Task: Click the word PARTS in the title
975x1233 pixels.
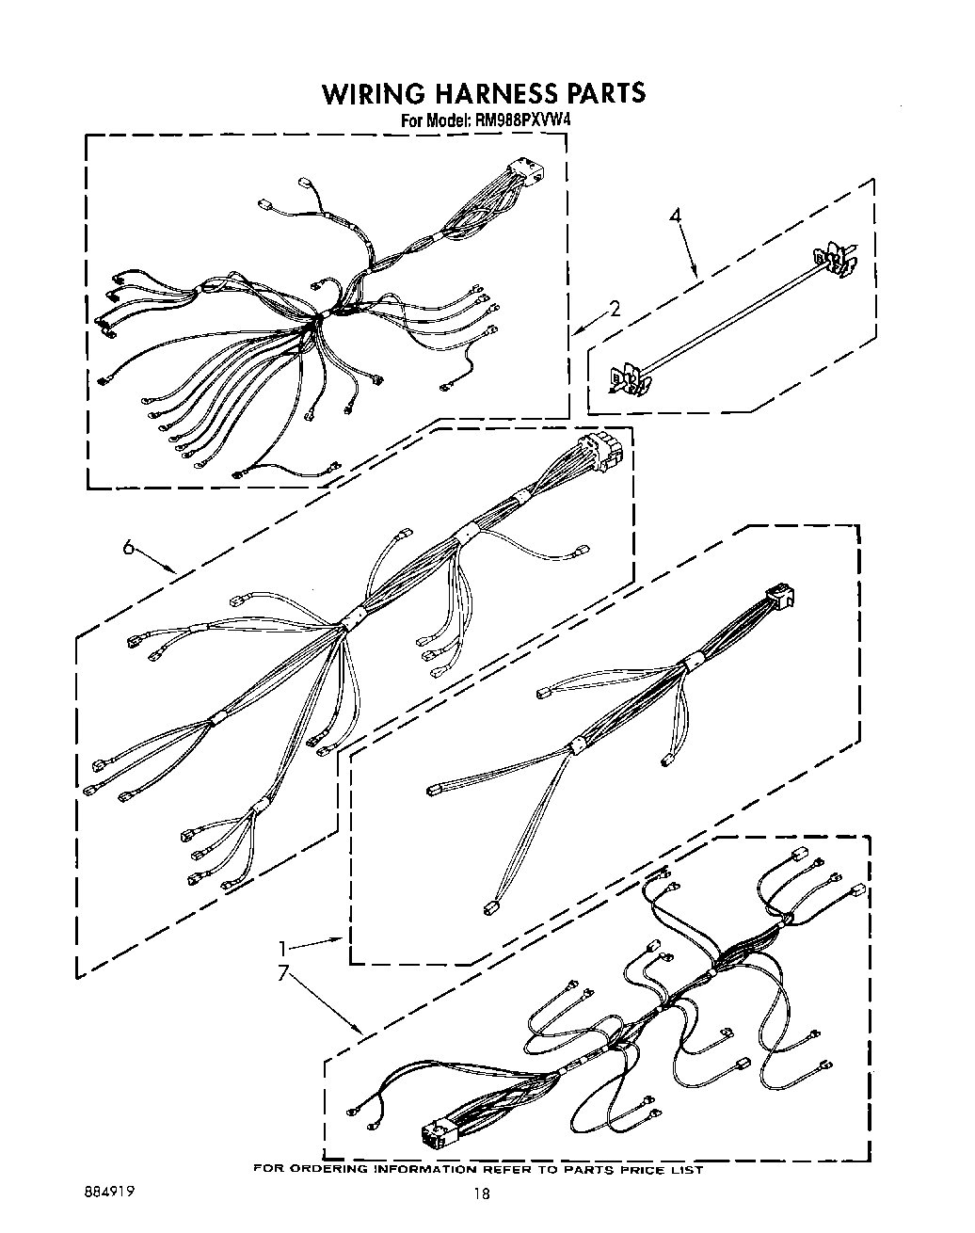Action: coord(606,93)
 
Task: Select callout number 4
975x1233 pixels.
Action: coord(674,216)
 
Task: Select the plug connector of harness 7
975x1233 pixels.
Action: coord(437,1136)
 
